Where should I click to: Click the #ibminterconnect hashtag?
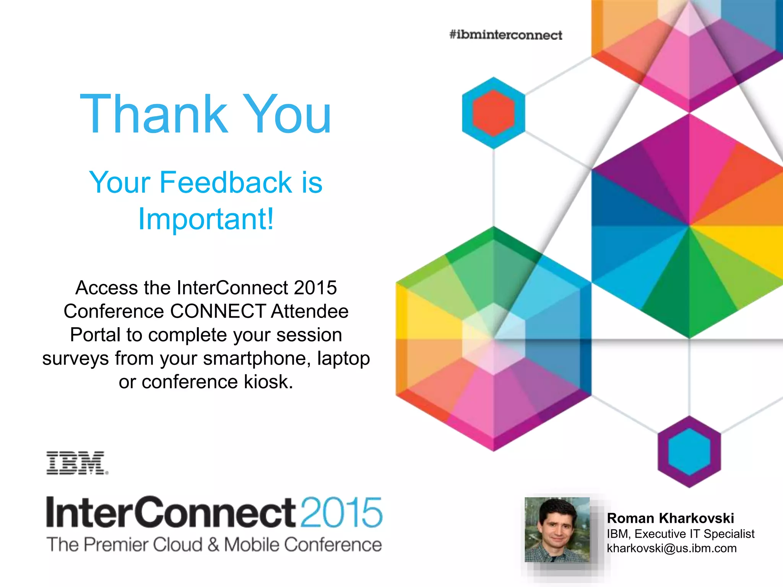[505, 35]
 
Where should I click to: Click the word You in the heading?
[287, 115]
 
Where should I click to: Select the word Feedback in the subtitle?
[226, 182]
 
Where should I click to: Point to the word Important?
[206, 219]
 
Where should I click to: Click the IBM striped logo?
[76, 463]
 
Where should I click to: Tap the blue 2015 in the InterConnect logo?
[341, 512]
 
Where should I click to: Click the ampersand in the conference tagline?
[213, 545]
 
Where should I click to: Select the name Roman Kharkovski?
[670, 518]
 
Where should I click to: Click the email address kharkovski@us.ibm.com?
[671, 548]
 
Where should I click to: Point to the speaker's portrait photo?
[557, 530]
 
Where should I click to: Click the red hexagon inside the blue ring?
[493, 113]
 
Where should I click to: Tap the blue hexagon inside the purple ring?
[689, 451]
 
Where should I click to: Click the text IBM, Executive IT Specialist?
[681, 533]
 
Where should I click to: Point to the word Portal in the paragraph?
[95, 335]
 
